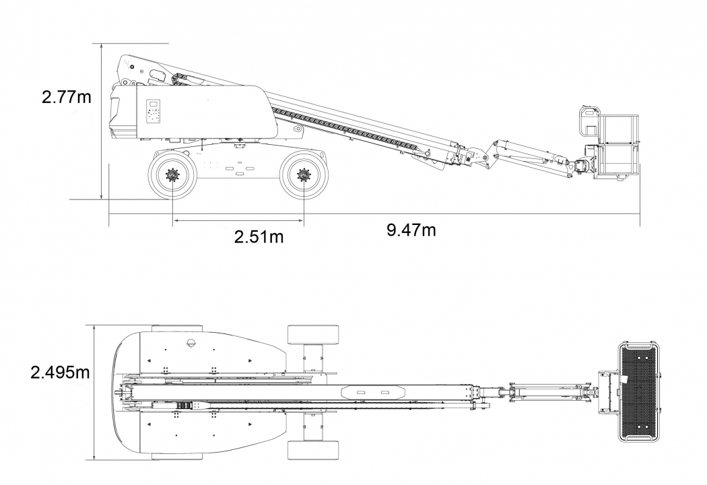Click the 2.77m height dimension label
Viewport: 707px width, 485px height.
click(x=66, y=96)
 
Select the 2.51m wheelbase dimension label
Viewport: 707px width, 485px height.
click(x=259, y=236)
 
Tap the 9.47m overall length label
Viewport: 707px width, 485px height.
click(x=411, y=230)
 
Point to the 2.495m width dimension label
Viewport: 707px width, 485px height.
click(x=60, y=372)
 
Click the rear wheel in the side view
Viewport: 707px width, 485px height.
click(x=172, y=176)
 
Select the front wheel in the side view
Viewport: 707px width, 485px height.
click(x=303, y=176)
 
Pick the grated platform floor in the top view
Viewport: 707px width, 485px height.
click(x=638, y=391)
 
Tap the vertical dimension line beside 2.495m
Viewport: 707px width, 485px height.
click(x=95, y=392)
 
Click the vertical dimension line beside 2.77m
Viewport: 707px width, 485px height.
click(x=101, y=121)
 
